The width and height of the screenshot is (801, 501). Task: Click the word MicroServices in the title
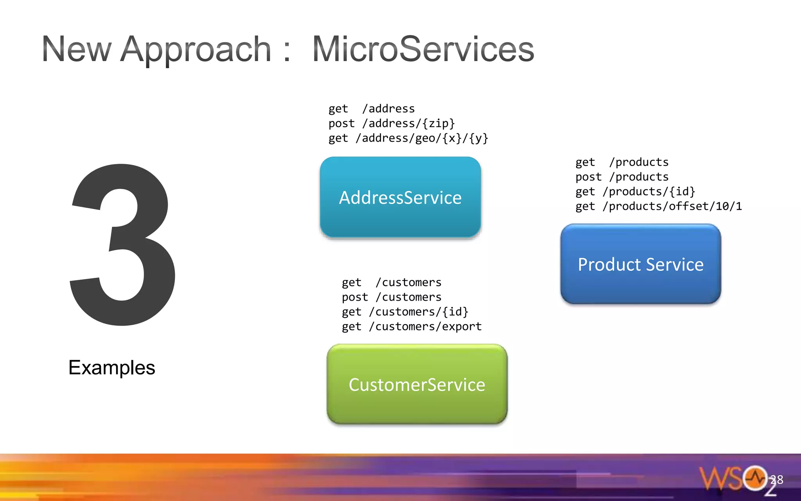tap(423, 49)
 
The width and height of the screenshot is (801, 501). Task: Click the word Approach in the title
tap(196, 49)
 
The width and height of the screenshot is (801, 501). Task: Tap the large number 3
tap(122, 245)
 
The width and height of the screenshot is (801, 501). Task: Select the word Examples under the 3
tap(112, 368)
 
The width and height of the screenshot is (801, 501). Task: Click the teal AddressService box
tap(400, 197)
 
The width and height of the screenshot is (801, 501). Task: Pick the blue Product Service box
tap(641, 264)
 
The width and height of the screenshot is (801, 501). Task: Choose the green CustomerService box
tap(417, 384)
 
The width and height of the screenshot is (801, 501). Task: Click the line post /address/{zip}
tap(392, 123)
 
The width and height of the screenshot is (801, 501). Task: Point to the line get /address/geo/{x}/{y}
tap(408, 138)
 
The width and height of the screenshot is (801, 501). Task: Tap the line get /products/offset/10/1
tap(658, 206)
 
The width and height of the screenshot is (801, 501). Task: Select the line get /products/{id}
tap(635, 191)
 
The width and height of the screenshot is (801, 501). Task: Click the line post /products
tap(622, 177)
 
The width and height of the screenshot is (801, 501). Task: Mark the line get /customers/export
tap(411, 326)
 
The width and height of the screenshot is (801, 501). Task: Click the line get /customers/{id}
tap(405, 312)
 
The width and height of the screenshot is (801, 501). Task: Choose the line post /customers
tap(392, 297)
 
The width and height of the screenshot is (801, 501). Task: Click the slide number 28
tap(777, 479)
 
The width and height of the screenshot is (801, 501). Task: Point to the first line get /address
tap(372, 108)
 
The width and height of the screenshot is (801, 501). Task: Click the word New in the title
tap(77, 49)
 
